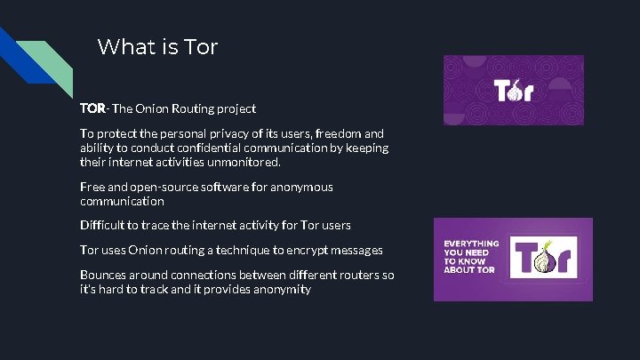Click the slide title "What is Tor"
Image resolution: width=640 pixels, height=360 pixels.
click(x=157, y=46)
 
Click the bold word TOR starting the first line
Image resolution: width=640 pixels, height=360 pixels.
click(x=92, y=108)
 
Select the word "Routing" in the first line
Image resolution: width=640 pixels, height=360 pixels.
click(x=195, y=108)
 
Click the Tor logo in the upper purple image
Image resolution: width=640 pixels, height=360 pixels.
click(x=513, y=90)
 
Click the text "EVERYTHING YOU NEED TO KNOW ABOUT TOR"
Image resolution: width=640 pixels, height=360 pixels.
click(x=471, y=257)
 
